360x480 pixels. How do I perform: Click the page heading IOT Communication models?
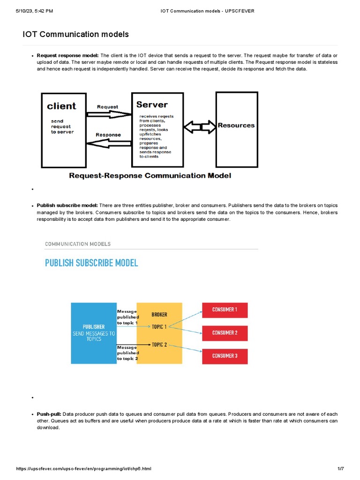[x=75, y=34]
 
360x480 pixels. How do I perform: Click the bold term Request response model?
[x=67, y=55]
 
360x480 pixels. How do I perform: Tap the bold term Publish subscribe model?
[x=67, y=206]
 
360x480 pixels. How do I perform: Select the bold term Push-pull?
[x=49, y=414]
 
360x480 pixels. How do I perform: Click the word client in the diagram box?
[x=61, y=106]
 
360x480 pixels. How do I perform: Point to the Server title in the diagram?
[x=152, y=104]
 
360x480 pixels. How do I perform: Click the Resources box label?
[x=236, y=126]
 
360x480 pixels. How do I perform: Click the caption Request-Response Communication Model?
[x=150, y=176]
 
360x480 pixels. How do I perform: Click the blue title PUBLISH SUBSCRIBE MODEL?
[x=91, y=263]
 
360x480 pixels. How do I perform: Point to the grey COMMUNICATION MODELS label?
[x=78, y=244]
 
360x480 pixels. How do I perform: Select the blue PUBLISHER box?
[x=93, y=333]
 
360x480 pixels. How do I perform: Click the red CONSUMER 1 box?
[x=225, y=310]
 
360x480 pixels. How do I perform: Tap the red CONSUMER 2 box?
[x=225, y=333]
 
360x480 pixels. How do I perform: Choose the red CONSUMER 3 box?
[x=225, y=356]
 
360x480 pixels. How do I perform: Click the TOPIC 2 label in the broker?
[x=159, y=345]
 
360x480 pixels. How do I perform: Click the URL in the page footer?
[x=83, y=469]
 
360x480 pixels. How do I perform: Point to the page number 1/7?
[x=341, y=469]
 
